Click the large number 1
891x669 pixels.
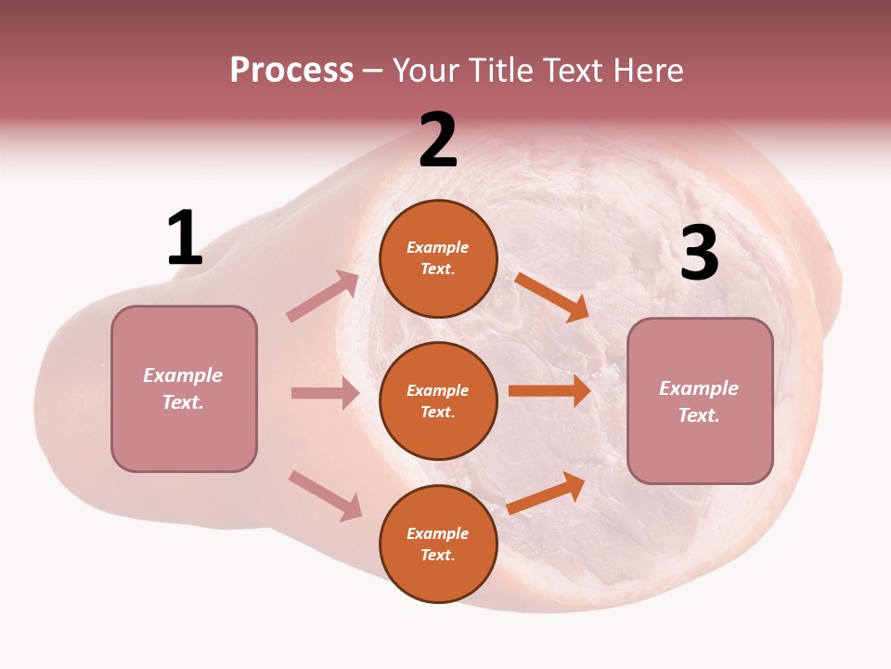(185, 238)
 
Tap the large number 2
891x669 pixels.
(438, 140)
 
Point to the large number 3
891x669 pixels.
(699, 253)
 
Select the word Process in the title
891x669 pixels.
(291, 70)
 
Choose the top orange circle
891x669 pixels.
(438, 258)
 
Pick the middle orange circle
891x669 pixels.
(438, 400)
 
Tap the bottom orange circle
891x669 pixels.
(438, 544)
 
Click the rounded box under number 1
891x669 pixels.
(184, 388)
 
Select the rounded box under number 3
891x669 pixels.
(700, 400)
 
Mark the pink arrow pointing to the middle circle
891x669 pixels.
(325, 393)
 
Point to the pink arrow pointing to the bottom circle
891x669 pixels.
(325, 495)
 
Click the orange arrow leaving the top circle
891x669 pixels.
(551, 296)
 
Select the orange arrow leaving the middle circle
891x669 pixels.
(549, 391)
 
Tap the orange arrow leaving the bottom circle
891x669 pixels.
(546, 493)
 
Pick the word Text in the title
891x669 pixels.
(574, 70)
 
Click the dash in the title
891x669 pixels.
(373, 72)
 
